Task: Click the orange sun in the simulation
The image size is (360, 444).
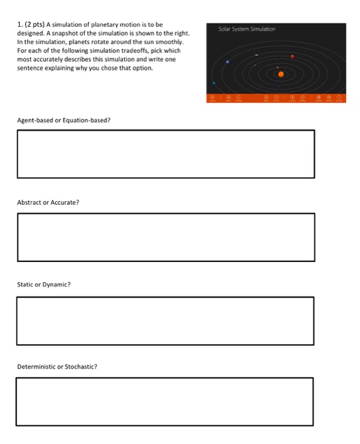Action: [281, 74]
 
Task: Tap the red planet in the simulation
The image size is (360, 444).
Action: [292, 57]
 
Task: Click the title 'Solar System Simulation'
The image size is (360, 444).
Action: [247, 29]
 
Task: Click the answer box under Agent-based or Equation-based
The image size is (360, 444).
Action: [165, 154]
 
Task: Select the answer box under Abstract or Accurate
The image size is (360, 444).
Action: [165, 237]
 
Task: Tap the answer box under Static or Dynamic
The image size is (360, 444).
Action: [165, 320]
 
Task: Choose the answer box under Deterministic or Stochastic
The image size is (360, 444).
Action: [165, 402]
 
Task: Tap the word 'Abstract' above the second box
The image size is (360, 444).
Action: [29, 202]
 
